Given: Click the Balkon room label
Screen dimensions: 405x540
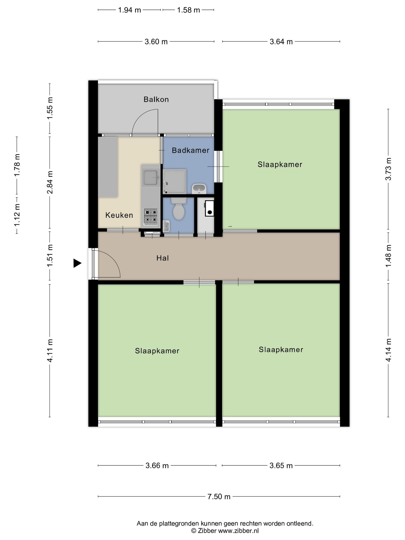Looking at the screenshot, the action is pos(156,99).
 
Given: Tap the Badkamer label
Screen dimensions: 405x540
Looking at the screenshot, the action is pos(190,150).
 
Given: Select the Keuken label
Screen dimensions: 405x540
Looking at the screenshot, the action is pos(119,215).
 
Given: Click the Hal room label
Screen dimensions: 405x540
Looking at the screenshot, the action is pos(162,258).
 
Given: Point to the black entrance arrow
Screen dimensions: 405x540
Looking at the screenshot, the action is pos(77,263).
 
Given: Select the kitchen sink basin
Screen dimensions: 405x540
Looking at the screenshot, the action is pos(151,177).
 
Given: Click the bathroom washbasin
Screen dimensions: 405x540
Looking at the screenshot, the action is pos(199,189).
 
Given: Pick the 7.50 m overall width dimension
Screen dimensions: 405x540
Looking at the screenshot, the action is pos(219,496).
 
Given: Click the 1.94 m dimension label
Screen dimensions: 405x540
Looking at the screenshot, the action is pos(129,10).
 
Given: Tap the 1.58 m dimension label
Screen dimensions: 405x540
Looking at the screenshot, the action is pos(188,10).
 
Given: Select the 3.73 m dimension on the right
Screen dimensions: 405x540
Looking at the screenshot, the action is pos(388,169).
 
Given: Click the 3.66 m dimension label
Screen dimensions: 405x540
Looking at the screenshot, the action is pos(157,465).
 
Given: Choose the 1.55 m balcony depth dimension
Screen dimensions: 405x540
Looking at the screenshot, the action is pos(50,108).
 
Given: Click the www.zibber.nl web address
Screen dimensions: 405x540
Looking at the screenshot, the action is pos(238,531).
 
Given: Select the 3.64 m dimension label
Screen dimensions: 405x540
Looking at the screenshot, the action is pos(281,42).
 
